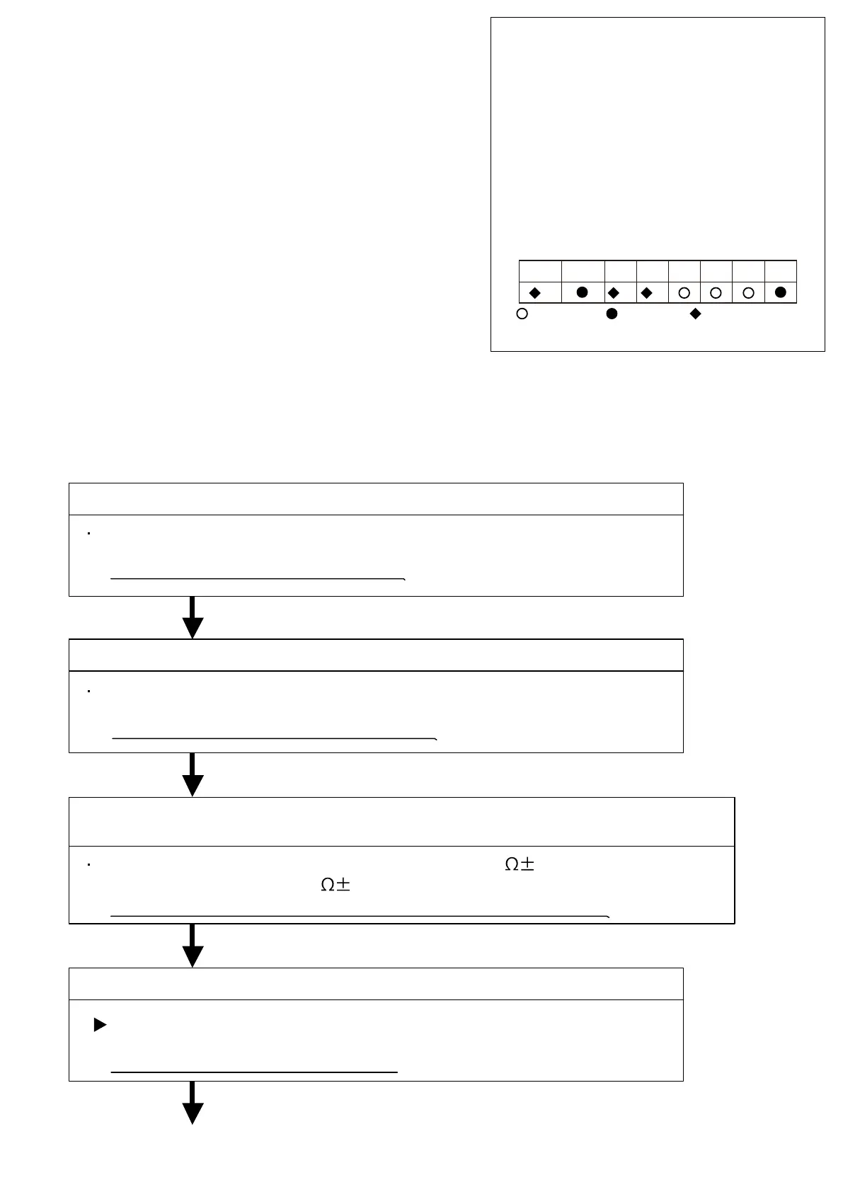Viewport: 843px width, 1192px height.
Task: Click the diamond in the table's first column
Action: tap(535, 292)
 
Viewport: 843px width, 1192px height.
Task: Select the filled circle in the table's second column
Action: tap(583, 292)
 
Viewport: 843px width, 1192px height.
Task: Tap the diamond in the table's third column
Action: tap(614, 292)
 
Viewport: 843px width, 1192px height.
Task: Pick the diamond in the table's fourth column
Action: tap(646, 292)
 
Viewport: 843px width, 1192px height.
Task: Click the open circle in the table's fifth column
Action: tap(684, 292)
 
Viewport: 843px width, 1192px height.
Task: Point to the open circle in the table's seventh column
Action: tap(748, 292)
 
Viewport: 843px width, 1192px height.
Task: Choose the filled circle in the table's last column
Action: tap(781, 292)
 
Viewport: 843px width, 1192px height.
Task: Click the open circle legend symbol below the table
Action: tap(522, 314)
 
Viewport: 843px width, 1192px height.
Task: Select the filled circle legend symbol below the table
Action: tap(612, 314)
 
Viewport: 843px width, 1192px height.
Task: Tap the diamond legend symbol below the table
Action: tap(695, 314)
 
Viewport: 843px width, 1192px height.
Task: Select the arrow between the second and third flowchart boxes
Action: tap(193, 775)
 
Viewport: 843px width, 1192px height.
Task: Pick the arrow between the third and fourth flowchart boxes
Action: tap(193, 946)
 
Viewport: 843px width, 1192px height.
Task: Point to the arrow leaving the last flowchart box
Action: tap(193, 1104)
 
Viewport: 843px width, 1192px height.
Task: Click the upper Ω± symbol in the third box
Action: tap(519, 864)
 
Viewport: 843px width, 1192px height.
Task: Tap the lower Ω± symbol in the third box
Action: tap(336, 886)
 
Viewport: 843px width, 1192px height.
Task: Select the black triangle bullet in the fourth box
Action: tap(100, 1024)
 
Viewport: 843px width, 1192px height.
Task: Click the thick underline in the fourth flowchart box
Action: tap(254, 1072)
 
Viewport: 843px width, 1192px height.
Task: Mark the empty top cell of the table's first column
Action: tap(540, 271)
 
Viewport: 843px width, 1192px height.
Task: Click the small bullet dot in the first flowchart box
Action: tap(88, 534)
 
